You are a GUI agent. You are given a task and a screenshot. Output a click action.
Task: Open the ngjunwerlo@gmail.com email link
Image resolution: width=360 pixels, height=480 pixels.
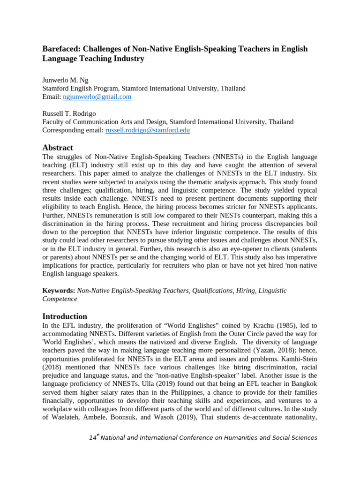(97, 97)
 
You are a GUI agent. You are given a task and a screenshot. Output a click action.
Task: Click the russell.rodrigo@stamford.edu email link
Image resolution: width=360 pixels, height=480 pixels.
(148, 130)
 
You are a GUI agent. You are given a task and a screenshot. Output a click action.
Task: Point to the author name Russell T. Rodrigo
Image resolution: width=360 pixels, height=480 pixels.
(69, 113)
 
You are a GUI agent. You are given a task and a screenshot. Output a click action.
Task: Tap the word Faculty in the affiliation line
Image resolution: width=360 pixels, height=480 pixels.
(53, 122)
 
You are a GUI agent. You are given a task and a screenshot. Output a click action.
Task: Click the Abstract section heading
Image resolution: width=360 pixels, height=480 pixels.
(58, 148)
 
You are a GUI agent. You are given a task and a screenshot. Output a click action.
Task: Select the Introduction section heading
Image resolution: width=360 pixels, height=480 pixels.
(65, 316)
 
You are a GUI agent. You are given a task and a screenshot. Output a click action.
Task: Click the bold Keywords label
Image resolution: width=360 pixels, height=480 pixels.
(59, 291)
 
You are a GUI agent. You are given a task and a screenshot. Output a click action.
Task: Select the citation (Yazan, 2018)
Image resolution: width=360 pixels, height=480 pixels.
(253, 351)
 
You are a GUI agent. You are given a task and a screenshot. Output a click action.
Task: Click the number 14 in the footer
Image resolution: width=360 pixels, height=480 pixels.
(92, 438)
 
